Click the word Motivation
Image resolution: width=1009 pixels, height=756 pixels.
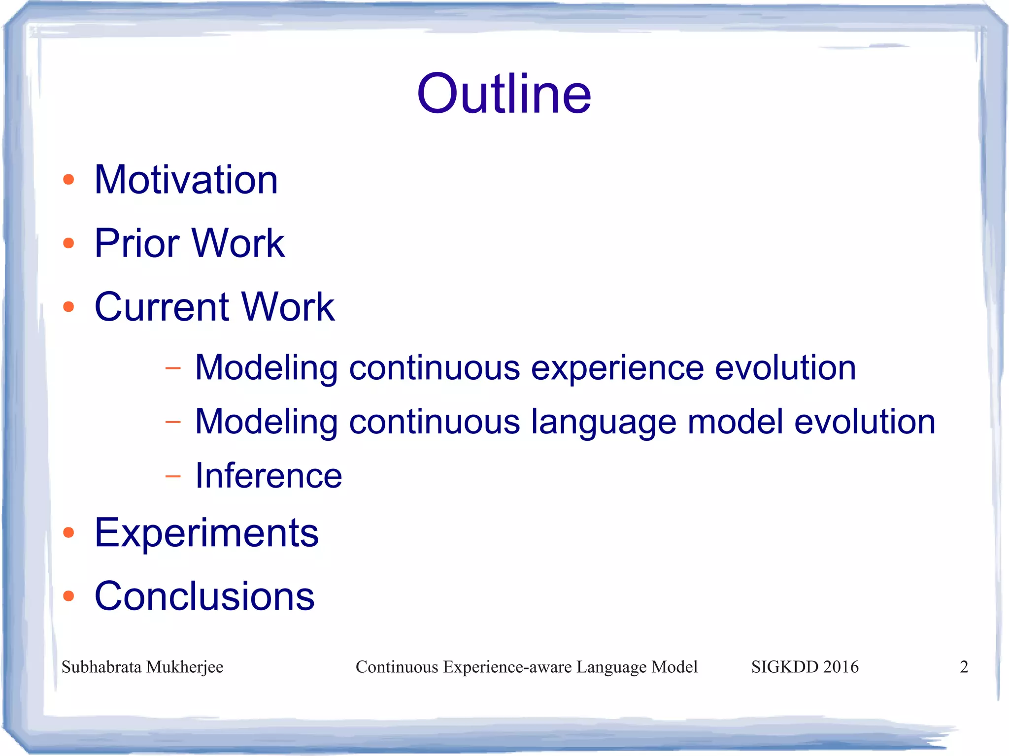[186, 180]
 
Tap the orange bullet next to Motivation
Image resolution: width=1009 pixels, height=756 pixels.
[68, 180]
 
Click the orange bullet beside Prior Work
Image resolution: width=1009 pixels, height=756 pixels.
[68, 243]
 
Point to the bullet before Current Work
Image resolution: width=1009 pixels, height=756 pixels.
[68, 307]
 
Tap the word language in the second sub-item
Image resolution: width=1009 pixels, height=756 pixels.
[603, 423]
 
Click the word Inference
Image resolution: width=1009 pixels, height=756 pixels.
[269, 476]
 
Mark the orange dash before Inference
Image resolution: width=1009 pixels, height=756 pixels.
[173, 476]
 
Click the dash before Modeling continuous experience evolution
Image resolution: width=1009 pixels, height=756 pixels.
[173, 368]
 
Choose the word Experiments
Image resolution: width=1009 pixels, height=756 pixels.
[206, 533]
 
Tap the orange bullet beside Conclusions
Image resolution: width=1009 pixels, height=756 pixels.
[68, 596]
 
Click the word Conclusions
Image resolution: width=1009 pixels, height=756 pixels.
[204, 596]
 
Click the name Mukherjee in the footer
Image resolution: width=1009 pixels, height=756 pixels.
[185, 667]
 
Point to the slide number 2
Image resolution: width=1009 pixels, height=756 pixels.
[964, 667]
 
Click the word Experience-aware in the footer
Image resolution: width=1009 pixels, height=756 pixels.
[507, 667]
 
